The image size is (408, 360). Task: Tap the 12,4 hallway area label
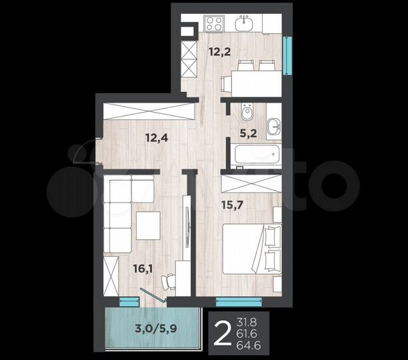pyautogui.click(x=157, y=138)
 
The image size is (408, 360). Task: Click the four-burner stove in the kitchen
pyautogui.click(x=213, y=23)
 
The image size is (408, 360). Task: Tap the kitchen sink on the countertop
pyautogui.click(x=247, y=23)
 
